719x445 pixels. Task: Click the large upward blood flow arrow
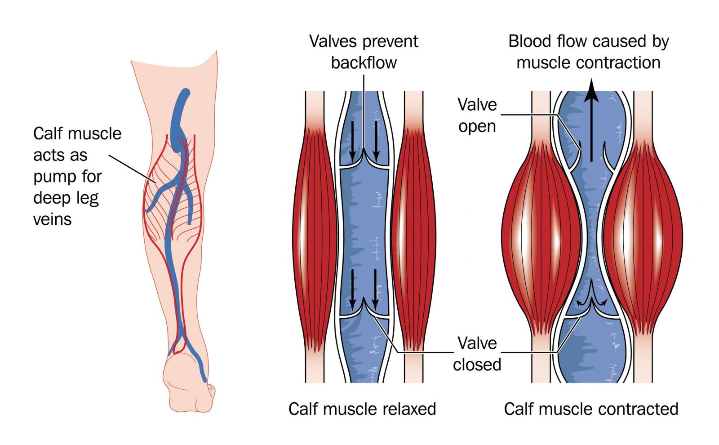coord(591,120)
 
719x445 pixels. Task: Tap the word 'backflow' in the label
coord(364,62)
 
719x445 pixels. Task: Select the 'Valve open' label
coord(477,115)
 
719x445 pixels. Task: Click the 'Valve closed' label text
coord(477,354)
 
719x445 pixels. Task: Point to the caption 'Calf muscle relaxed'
coord(362,409)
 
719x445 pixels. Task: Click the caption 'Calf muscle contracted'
coord(591,409)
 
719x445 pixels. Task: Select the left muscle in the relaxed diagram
coord(315,238)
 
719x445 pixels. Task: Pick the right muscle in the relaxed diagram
coord(413,238)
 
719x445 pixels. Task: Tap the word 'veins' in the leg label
coord(52,220)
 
